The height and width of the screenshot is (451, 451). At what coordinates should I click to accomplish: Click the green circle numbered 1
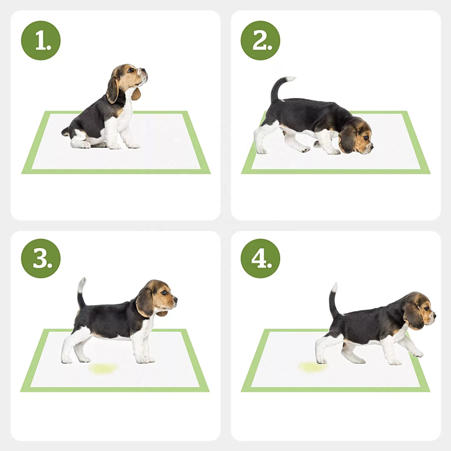tap(41, 41)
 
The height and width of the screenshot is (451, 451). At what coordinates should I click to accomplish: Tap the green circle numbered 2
tap(260, 41)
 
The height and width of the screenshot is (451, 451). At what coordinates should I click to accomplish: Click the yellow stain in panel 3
tap(103, 368)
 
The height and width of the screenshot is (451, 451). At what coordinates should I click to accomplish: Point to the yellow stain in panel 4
tap(311, 367)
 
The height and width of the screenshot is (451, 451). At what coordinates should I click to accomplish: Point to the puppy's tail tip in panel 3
tap(83, 280)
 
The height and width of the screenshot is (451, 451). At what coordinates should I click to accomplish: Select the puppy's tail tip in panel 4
tap(334, 286)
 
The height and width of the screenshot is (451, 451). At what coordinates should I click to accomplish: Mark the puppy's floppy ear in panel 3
tap(145, 303)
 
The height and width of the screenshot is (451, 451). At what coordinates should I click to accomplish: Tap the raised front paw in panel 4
tap(417, 353)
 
